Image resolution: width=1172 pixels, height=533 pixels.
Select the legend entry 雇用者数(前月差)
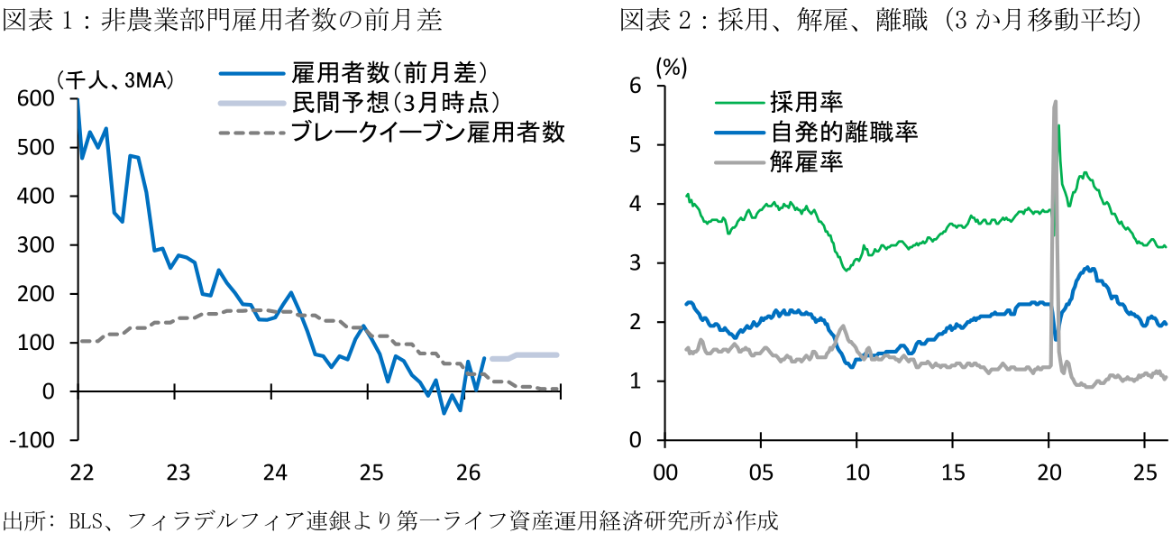[x=389, y=73]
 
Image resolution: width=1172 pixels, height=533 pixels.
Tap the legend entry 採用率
[x=806, y=101]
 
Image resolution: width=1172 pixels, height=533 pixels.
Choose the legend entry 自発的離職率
[x=844, y=132]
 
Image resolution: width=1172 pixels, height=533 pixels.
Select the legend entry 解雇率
[x=806, y=163]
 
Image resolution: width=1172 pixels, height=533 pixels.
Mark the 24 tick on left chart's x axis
[x=274, y=472]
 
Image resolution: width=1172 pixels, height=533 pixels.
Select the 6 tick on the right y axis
[x=646, y=86]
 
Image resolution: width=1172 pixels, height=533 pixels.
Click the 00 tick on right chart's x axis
[x=664, y=472]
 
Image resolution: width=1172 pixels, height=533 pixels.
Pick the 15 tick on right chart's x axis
[x=953, y=472]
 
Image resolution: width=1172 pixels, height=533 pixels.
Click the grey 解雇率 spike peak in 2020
[x=1055, y=103]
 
